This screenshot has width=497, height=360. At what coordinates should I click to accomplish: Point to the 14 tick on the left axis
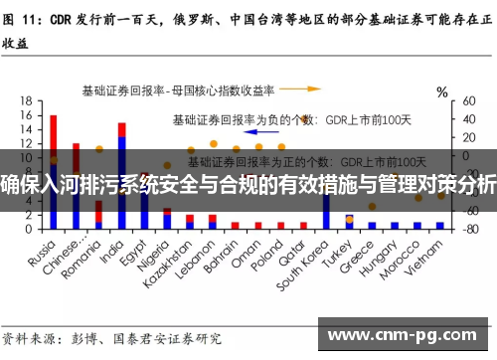tap(24, 129)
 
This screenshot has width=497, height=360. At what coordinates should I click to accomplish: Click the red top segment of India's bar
tap(121, 129)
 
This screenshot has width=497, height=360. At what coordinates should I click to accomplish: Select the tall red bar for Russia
tap(53, 149)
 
